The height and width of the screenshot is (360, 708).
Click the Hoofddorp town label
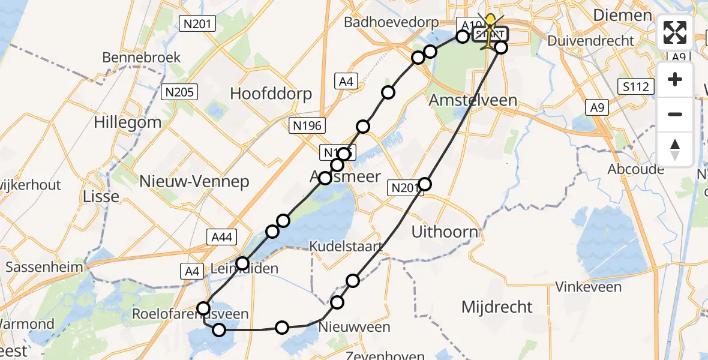pos(272,94)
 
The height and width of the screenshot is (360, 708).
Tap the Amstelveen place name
pos(473,100)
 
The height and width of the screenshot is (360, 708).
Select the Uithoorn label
pos(445,232)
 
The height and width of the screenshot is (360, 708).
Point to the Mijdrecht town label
pos(497,307)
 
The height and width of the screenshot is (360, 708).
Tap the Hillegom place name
pos(127,122)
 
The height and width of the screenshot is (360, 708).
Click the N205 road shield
pos(179,92)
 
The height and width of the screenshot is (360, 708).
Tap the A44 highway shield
pos(223,237)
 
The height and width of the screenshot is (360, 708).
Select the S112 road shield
pos(635,87)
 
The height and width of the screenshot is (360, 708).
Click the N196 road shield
pos(307,126)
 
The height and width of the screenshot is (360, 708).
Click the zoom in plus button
pos(675,79)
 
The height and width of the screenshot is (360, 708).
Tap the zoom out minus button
pos(675,114)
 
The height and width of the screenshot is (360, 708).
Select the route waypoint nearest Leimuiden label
pos(242,263)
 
